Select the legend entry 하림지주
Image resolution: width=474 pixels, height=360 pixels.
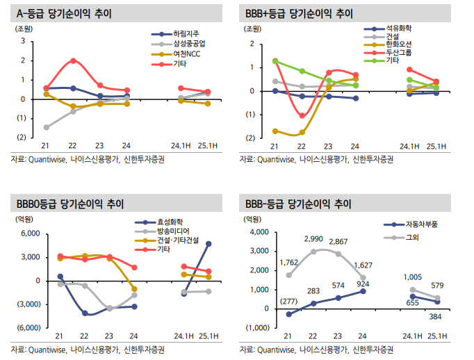[185, 34]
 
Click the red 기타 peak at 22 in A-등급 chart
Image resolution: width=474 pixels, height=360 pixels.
[73, 61]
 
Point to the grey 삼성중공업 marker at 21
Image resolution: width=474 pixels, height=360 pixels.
[46, 127]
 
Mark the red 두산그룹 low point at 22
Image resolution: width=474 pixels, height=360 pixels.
[302, 115]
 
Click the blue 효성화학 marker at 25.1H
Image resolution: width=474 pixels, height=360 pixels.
[209, 244]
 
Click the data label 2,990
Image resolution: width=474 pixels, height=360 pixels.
[313, 240]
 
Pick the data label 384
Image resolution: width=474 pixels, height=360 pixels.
[436, 316]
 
